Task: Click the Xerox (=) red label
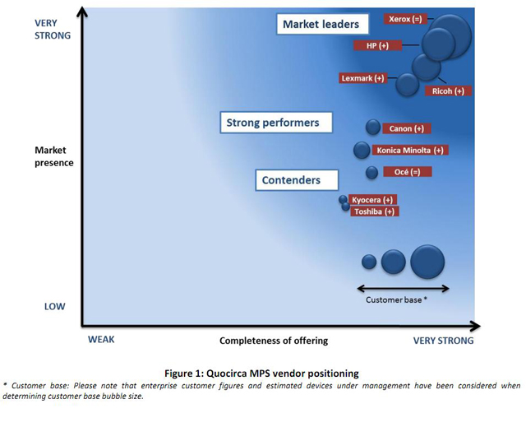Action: coord(405,19)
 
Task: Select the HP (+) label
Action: coord(377,45)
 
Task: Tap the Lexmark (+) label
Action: coord(362,78)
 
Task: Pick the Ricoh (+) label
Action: coord(448,91)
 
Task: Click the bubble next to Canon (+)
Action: coord(372,128)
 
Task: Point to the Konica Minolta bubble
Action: coord(362,150)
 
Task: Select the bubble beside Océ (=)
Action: coord(371,173)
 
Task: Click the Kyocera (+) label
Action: coord(372,200)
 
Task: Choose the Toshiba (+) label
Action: coord(375,211)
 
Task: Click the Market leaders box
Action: coord(322,24)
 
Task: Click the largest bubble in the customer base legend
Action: coord(427,262)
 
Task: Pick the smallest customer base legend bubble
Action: coord(369,262)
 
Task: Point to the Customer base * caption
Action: coord(396,299)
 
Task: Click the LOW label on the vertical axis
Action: coord(55,307)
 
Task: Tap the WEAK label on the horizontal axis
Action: coord(101,340)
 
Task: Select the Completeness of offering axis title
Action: coord(274,341)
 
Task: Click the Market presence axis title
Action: coord(54,156)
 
